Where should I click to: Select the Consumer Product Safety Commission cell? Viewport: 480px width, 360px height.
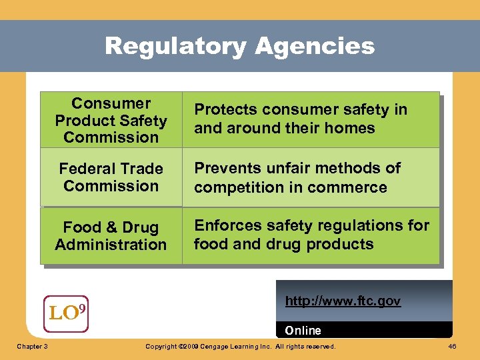pos(111,121)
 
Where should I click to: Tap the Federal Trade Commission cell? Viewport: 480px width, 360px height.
pos(111,177)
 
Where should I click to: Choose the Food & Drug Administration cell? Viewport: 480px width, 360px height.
pos(111,236)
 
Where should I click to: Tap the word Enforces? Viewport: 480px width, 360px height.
pos(226,226)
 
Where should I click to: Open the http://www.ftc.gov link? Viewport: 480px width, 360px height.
pos(343,301)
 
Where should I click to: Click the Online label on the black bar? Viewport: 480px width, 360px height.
pos(303,331)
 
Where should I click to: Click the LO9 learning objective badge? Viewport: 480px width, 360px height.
pos(66,313)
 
